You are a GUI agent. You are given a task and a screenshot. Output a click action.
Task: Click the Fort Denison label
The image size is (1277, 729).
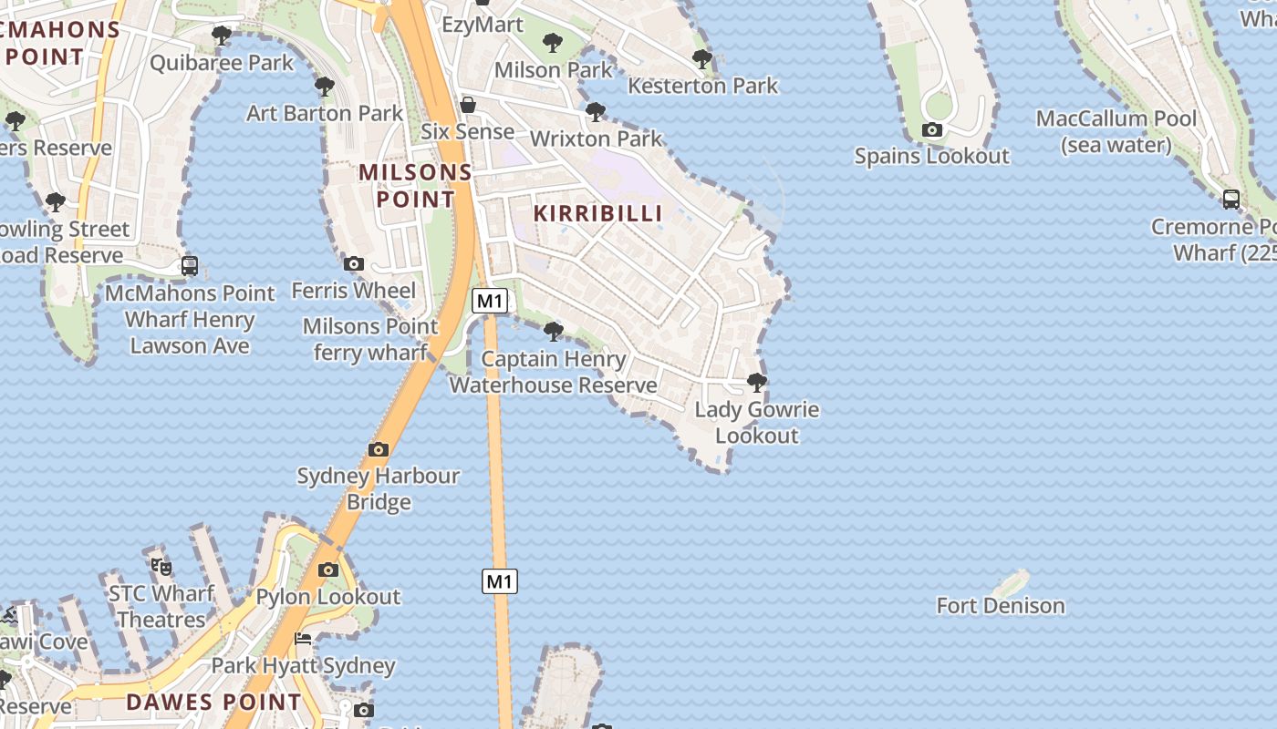click(x=1001, y=606)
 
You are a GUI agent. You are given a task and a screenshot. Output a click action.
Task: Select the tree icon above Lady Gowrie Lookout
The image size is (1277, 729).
click(x=756, y=382)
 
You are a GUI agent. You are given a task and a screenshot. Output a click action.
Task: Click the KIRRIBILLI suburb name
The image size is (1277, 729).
click(x=597, y=213)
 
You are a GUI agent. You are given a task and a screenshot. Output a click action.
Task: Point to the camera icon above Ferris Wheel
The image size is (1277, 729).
click(x=354, y=264)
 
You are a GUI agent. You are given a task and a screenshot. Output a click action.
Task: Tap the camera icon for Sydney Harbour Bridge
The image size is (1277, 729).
click(x=379, y=449)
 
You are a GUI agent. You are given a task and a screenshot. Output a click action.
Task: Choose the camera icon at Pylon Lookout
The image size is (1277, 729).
click(x=328, y=570)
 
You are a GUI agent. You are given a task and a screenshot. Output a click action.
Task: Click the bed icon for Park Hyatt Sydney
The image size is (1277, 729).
click(x=303, y=639)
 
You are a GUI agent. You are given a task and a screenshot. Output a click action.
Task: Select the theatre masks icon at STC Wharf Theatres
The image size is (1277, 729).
click(x=161, y=567)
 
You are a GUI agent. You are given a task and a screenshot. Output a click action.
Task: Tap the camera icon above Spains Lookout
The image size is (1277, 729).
click(x=931, y=130)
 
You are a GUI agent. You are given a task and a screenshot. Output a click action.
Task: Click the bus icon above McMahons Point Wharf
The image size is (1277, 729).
click(x=190, y=266)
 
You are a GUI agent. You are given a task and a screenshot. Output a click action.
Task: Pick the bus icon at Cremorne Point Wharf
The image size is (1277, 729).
click(x=1230, y=200)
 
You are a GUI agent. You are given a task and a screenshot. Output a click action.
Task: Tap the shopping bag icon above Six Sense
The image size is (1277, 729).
click(x=468, y=105)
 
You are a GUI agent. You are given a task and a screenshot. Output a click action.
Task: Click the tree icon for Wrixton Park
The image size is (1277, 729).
click(x=596, y=112)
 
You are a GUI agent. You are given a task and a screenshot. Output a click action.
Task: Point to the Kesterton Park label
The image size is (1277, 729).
click(x=702, y=86)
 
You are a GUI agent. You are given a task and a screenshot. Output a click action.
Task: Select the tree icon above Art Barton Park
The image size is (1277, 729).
click(x=324, y=87)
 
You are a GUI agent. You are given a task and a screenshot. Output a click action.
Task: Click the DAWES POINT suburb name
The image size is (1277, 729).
click(x=213, y=703)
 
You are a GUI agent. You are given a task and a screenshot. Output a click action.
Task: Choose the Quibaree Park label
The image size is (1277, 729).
click(x=222, y=63)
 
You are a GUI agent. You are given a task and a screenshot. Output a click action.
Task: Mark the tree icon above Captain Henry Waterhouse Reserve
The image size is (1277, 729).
click(x=553, y=331)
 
